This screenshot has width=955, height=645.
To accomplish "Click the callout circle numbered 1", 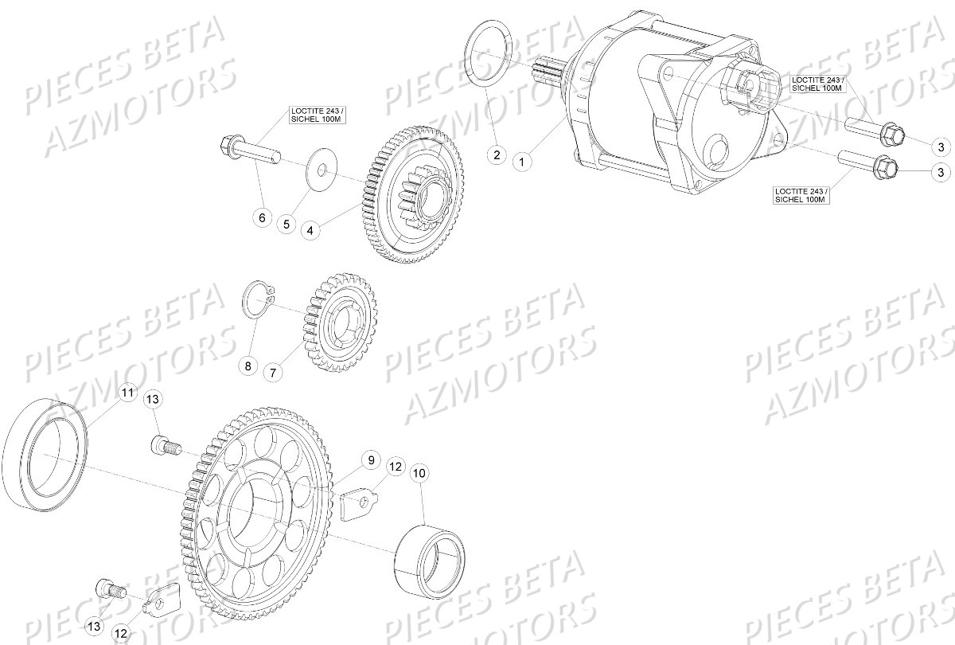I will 522,162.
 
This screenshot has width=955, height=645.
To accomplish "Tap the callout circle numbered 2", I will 496,154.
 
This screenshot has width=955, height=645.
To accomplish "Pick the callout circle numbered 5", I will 285,224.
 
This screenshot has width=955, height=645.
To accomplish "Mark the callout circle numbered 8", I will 248,366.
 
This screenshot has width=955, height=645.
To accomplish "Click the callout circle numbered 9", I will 370,460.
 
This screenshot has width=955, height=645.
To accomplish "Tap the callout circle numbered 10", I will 419,473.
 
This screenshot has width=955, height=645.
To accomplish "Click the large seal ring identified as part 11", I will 44,457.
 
